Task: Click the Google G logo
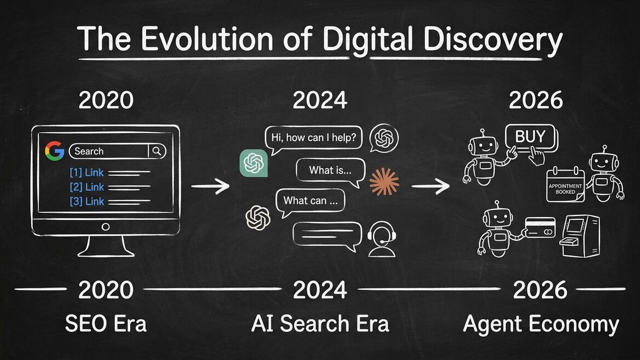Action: (54, 151)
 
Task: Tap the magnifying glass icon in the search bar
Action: (157, 151)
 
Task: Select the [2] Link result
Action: (87, 187)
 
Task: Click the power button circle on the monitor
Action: (106, 226)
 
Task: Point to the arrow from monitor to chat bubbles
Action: (211, 187)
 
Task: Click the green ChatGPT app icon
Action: (253, 163)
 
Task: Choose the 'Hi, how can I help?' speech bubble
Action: (314, 139)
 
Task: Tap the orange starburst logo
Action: (384, 182)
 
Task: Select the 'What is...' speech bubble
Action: (330, 170)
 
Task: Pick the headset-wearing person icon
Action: (382, 239)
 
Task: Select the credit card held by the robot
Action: (540, 226)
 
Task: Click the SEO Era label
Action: (106, 323)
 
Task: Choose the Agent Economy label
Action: (541, 324)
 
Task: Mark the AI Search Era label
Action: (320, 323)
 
